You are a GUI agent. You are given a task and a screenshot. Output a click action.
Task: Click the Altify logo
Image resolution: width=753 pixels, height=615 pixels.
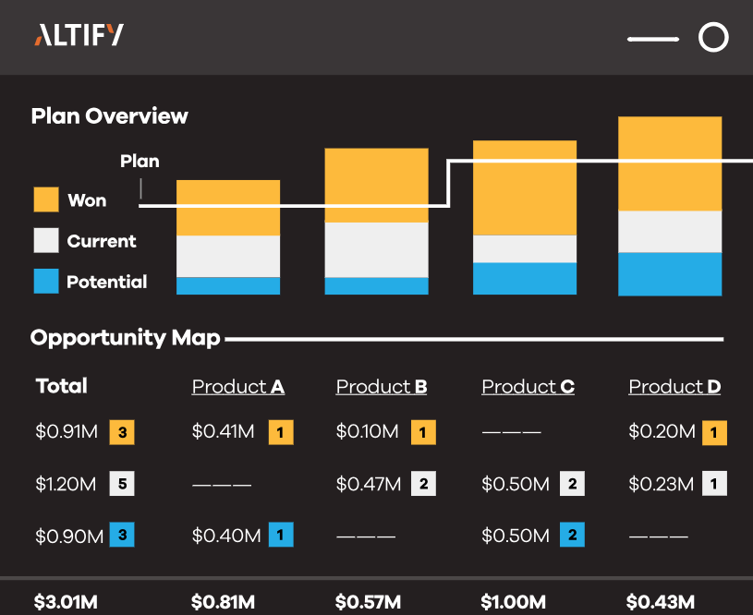tap(79, 35)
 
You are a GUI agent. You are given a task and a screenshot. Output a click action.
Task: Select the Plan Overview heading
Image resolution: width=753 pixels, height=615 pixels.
tap(110, 116)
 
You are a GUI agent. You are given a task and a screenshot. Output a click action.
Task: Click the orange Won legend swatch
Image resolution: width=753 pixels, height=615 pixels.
tap(46, 199)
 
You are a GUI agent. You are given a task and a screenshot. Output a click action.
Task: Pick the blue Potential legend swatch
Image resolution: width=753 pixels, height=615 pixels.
tap(46, 281)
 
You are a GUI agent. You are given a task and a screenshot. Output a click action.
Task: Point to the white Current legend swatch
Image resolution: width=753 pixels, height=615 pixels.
tap(46, 240)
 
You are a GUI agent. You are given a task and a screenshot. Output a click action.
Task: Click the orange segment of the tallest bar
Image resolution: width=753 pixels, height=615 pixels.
tap(670, 163)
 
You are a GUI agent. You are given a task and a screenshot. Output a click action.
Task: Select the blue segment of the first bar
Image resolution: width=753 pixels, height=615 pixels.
tap(228, 285)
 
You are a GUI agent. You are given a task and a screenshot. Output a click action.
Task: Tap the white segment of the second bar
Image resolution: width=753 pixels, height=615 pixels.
tap(377, 249)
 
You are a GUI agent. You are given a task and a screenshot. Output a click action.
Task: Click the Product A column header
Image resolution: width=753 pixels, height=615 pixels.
tap(238, 387)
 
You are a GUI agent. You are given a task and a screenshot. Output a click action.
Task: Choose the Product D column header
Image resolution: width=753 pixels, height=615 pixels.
tap(674, 387)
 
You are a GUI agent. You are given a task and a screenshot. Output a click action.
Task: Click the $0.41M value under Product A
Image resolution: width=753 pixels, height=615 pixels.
tap(223, 431)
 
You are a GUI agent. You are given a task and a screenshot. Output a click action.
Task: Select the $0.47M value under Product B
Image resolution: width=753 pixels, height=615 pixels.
tap(369, 484)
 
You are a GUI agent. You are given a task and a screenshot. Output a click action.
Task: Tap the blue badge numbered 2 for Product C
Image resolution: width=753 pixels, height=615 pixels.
tap(572, 535)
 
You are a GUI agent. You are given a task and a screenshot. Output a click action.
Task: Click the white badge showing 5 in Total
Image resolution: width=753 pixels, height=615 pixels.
tap(122, 484)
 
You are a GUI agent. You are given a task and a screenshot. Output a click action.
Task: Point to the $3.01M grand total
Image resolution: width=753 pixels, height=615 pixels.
tap(66, 602)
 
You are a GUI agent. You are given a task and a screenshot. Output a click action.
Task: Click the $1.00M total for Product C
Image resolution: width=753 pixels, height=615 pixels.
tap(514, 602)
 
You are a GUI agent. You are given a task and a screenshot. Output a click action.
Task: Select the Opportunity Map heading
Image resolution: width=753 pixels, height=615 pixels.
tap(126, 338)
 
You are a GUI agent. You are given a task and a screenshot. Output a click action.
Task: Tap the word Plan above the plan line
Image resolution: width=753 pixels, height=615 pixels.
tap(140, 161)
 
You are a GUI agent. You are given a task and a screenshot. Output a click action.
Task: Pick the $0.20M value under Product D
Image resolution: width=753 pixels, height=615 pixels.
tap(662, 431)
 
